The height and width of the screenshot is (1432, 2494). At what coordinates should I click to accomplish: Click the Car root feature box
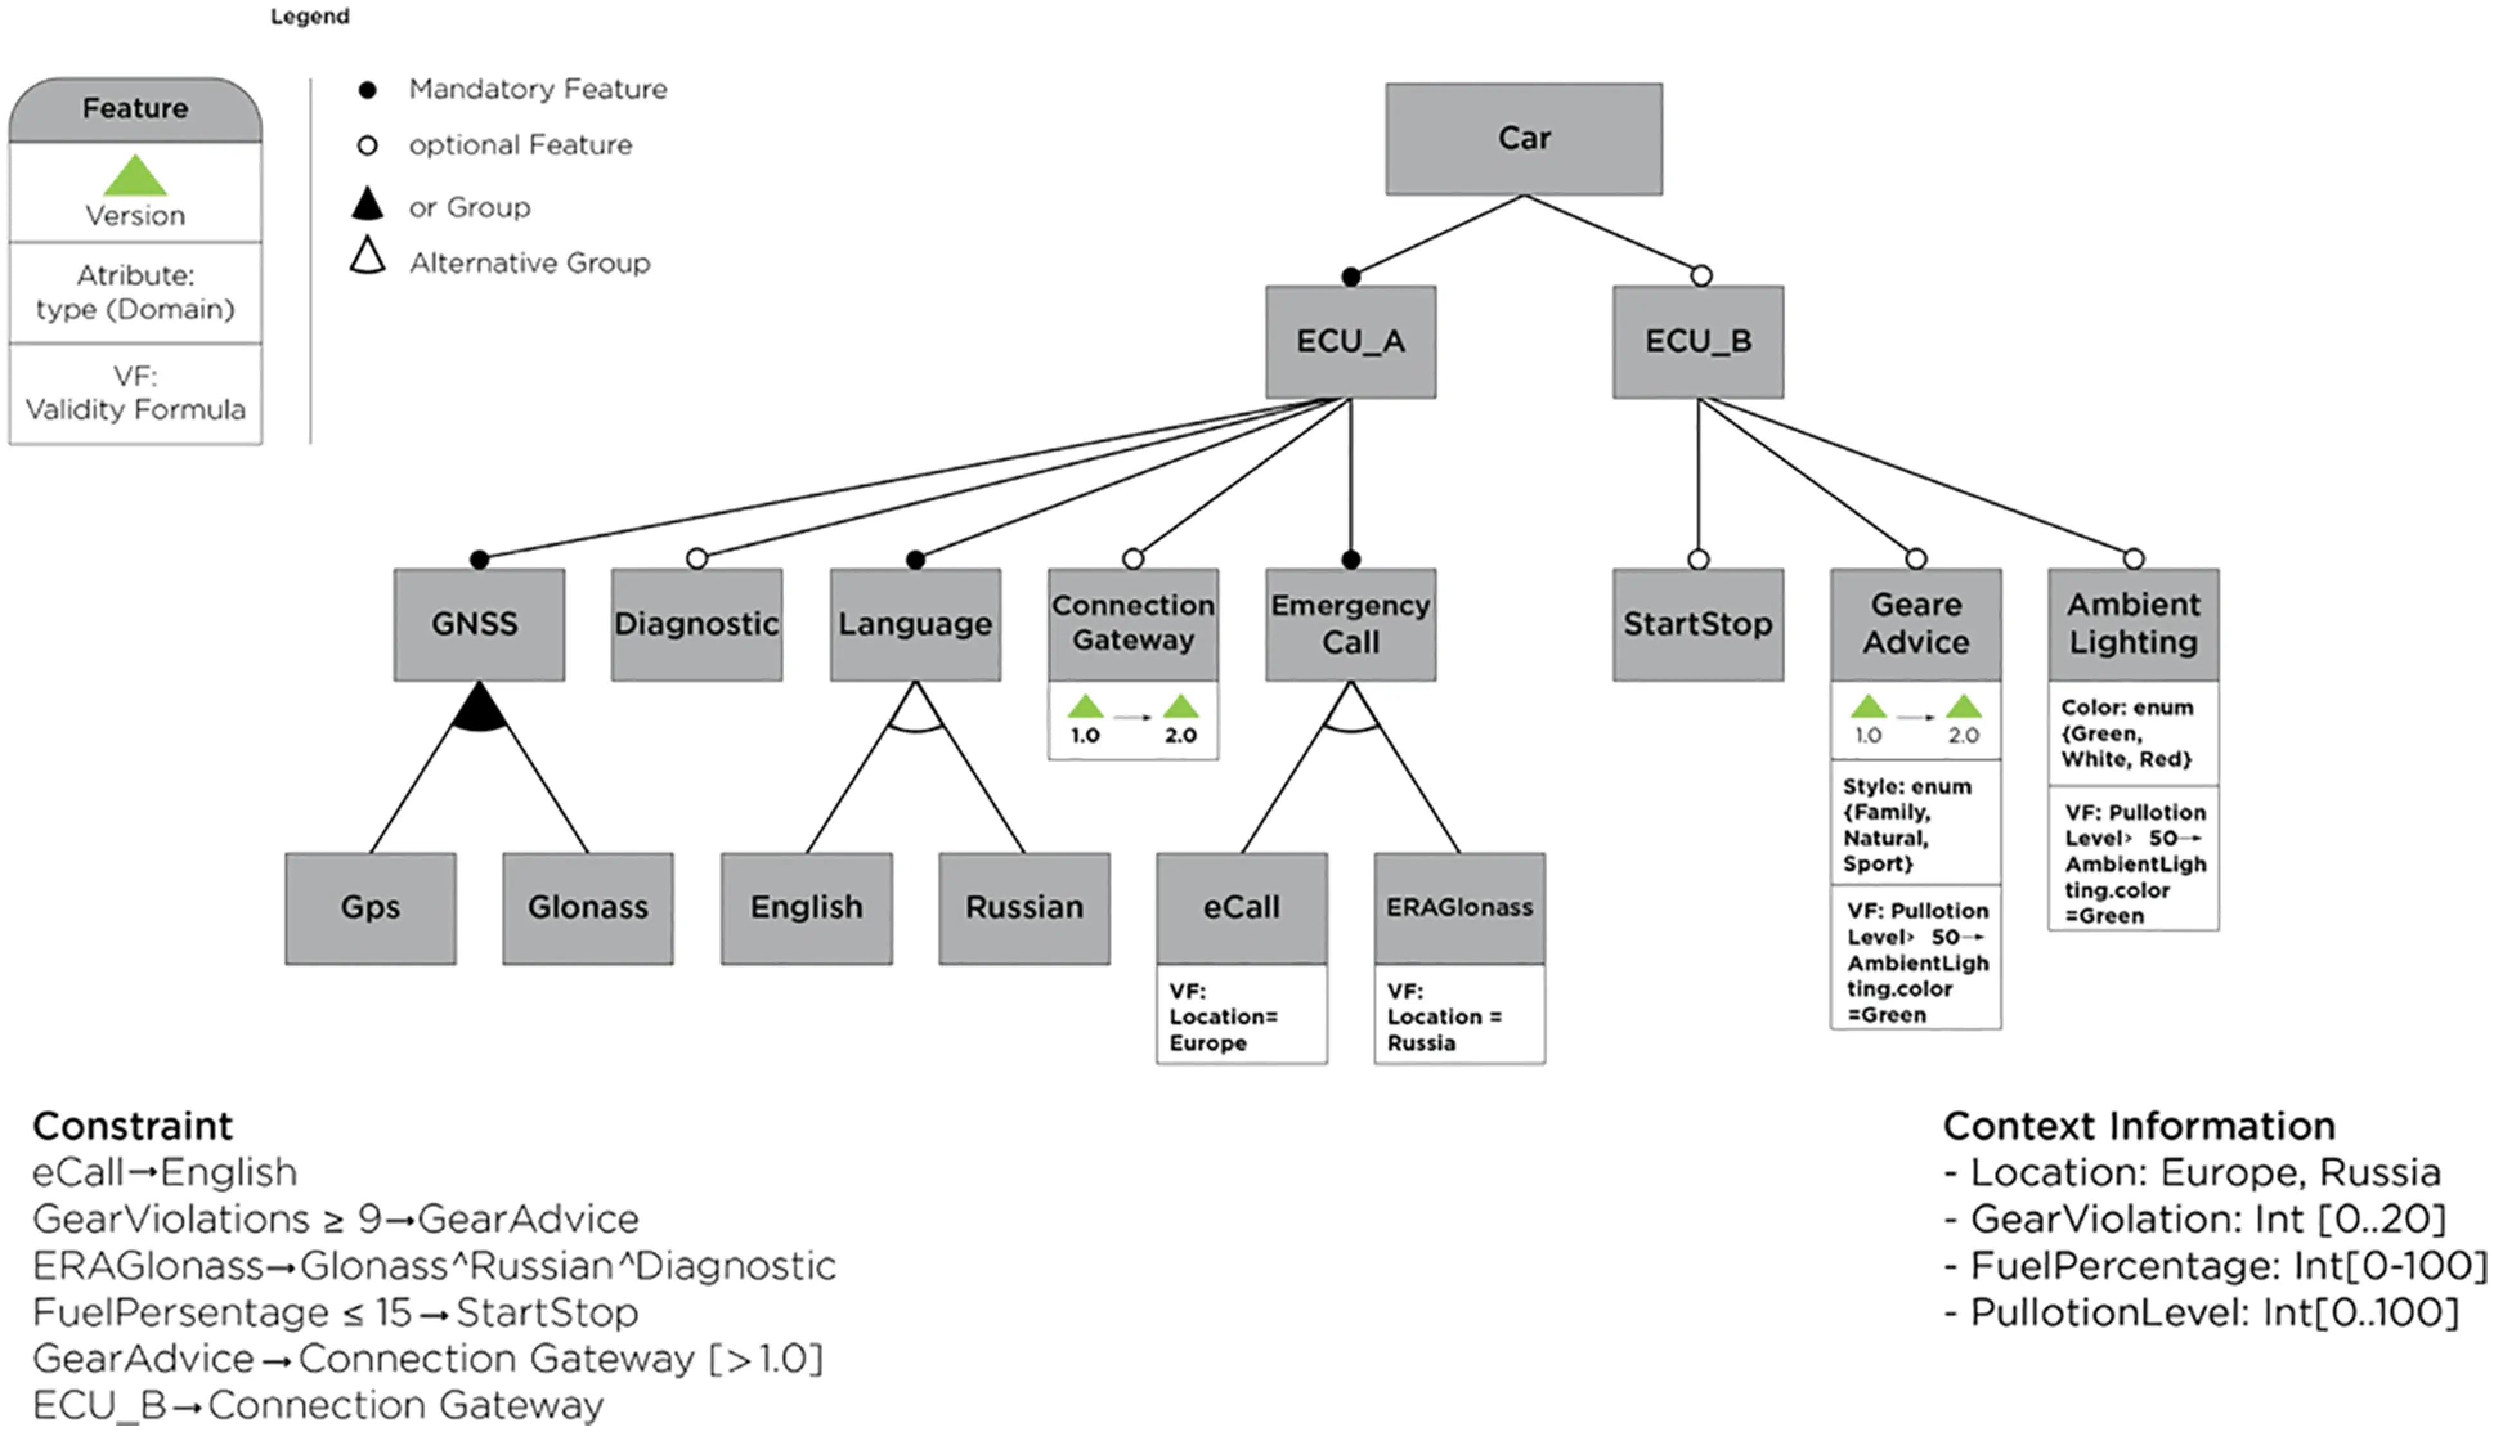point(1523,139)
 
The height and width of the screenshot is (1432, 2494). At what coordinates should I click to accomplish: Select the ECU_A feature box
point(1350,342)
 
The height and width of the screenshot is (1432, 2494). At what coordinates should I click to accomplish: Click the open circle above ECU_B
point(1701,277)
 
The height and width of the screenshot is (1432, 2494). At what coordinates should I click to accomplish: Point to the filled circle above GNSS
point(479,560)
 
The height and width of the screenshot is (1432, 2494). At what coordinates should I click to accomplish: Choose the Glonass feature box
point(587,907)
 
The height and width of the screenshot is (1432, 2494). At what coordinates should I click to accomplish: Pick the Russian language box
point(1024,907)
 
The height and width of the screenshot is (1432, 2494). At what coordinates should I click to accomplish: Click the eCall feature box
point(1241,907)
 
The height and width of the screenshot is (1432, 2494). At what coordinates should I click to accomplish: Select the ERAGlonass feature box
point(1459,907)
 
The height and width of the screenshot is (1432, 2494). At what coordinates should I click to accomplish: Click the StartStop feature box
point(1697,623)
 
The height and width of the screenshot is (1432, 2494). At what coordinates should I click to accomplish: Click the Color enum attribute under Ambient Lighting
point(2132,733)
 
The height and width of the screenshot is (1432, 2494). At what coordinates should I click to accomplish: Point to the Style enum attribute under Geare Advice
point(1914,824)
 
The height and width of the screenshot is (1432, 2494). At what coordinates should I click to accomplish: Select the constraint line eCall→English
point(164,1172)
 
